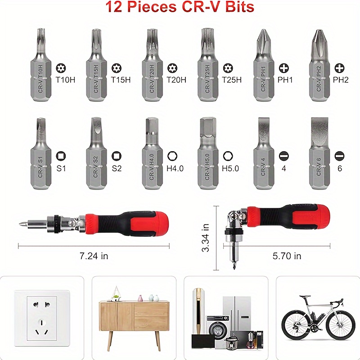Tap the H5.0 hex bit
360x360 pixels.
[207, 155]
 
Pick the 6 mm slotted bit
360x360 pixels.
[319, 155]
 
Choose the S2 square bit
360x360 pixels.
[95, 155]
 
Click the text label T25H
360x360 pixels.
[232, 80]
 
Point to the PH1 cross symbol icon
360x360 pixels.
[284, 68]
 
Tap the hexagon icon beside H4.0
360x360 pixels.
[172, 156]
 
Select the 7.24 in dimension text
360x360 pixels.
[94, 256]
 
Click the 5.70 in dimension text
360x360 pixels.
[287, 256]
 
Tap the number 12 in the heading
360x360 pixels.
[113, 7]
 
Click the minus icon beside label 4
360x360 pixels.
[283, 156]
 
